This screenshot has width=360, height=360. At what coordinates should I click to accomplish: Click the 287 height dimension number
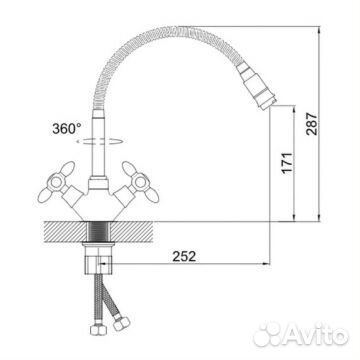(x=312, y=124)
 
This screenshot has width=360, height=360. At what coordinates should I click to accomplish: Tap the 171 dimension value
(x=287, y=162)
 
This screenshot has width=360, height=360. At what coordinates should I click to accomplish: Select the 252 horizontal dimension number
(x=184, y=256)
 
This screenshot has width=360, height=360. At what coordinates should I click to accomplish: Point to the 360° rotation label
(x=67, y=128)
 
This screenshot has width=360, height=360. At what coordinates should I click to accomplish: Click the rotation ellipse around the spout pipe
(x=100, y=141)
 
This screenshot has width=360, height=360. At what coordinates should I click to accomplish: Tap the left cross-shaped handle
(x=57, y=182)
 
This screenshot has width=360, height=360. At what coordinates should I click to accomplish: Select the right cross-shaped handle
(x=140, y=182)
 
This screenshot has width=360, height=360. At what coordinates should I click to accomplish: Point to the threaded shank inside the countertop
(x=99, y=232)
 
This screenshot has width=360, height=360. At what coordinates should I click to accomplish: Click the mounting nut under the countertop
(x=99, y=258)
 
